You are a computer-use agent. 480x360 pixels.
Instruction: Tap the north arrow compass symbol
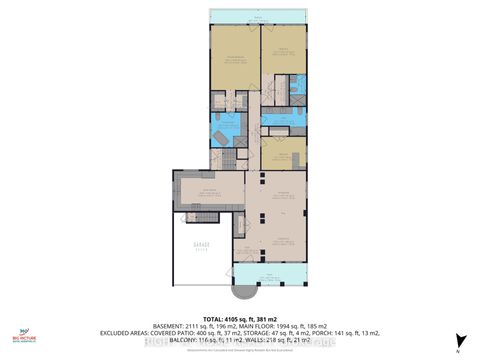(x=458, y=342)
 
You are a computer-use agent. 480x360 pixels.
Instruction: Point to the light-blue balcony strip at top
(x=261, y=19)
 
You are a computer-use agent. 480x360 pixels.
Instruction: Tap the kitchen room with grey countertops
(x=205, y=189)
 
